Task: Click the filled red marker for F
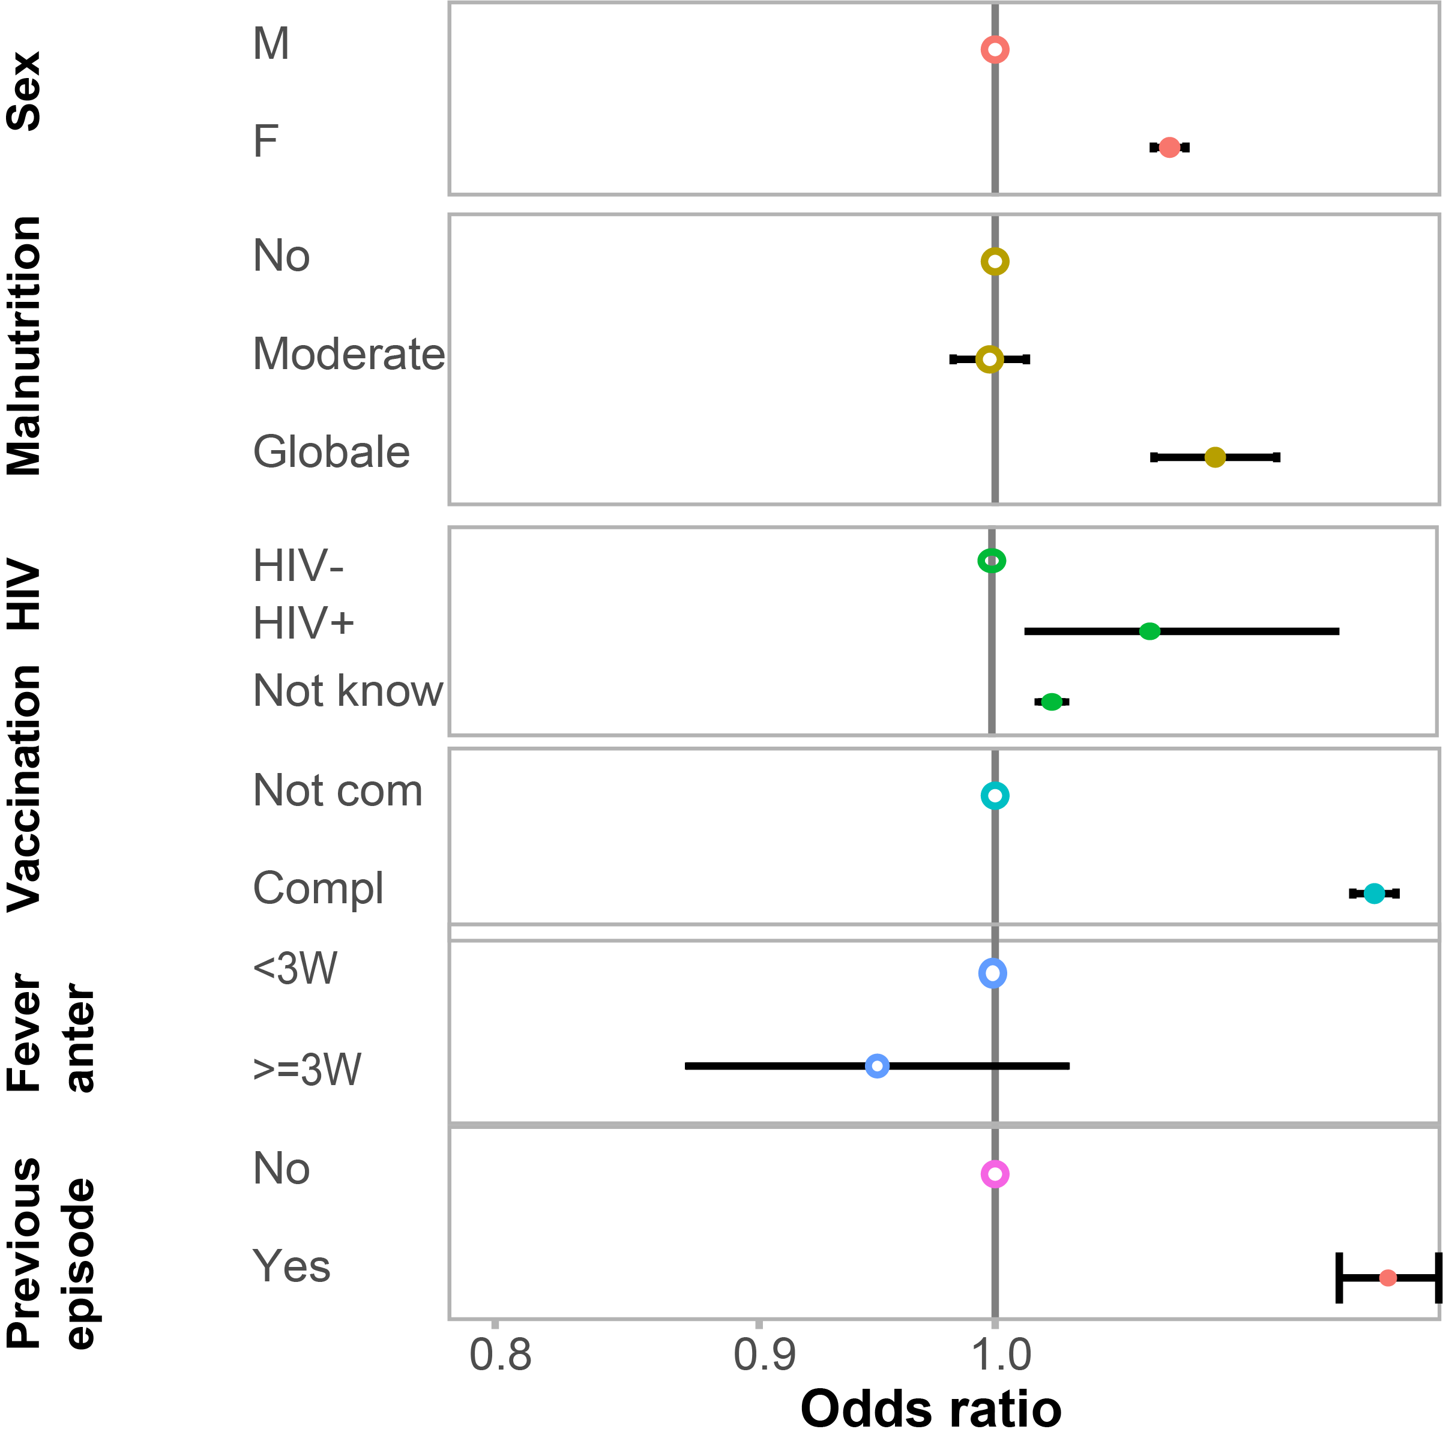pos(1169,148)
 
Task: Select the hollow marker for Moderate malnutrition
pos(989,359)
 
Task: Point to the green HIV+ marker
pos(1149,631)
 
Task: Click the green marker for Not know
pos(1052,702)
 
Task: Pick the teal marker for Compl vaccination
pos(1373,893)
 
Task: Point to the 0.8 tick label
pos(500,1355)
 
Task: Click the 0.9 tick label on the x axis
pos(764,1355)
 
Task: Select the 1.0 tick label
pos(1000,1355)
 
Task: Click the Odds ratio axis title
pos(930,1410)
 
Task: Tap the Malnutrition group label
pos(24,346)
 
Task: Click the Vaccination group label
pos(24,788)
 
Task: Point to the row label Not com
pos(338,790)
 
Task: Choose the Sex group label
pos(24,91)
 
